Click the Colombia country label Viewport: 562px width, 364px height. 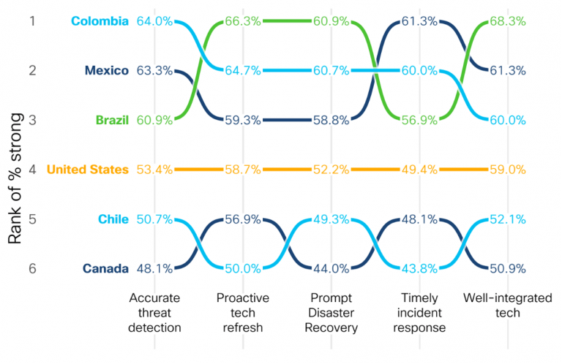[x=100, y=21]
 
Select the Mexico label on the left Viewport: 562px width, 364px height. [x=107, y=71]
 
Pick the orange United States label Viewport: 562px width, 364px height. [x=87, y=170]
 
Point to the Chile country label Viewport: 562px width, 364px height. [x=113, y=219]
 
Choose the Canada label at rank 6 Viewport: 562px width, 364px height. [x=107, y=268]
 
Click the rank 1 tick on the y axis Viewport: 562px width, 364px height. [x=32, y=21]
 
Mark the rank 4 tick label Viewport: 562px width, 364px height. [x=32, y=170]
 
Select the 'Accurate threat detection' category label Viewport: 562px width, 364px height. [x=154, y=313]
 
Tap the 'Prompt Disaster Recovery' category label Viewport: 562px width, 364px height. [x=331, y=313]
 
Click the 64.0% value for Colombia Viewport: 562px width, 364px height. [x=154, y=21]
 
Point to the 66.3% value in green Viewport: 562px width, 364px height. [x=242, y=21]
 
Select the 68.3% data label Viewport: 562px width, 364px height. [x=507, y=21]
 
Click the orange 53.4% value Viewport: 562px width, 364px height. [x=154, y=170]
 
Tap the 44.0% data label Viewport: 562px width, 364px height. [x=331, y=268]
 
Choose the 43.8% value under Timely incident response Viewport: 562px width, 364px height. [x=419, y=268]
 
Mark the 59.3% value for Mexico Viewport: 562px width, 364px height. [x=242, y=120]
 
